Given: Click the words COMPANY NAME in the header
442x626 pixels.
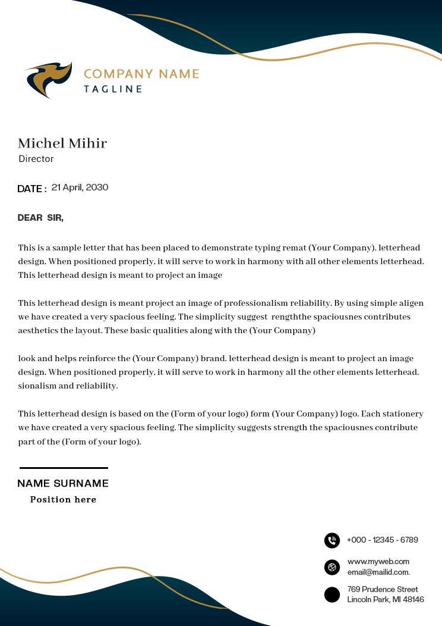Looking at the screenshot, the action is click(141, 74).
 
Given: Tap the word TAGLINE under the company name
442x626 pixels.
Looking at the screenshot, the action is click(113, 89).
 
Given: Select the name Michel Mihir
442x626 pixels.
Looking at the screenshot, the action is click(62, 143).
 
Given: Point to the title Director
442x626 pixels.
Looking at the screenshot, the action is click(36, 159).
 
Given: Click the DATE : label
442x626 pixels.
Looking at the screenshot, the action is click(32, 189).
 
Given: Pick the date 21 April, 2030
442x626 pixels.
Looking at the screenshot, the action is click(80, 187).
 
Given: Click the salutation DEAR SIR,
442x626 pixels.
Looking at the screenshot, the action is click(40, 218).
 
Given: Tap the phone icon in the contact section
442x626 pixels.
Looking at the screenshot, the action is click(332, 540).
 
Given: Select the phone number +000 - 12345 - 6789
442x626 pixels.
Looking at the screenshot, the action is click(383, 540).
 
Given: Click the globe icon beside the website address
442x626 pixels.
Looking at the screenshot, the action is click(332, 567).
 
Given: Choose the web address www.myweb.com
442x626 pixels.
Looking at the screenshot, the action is click(378, 562).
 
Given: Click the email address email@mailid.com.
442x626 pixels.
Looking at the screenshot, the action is click(378, 572).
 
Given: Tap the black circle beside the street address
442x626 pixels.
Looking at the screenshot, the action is click(332, 594).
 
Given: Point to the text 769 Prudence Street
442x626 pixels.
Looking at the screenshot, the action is click(383, 589).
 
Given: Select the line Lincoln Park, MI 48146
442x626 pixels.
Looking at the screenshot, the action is click(386, 600).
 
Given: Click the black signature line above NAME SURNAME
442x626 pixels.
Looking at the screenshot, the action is click(64, 468).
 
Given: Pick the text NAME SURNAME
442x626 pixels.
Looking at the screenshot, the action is click(63, 484).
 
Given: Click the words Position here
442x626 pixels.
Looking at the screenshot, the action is click(63, 500).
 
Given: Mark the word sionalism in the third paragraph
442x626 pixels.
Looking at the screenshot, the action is click(37, 386).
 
